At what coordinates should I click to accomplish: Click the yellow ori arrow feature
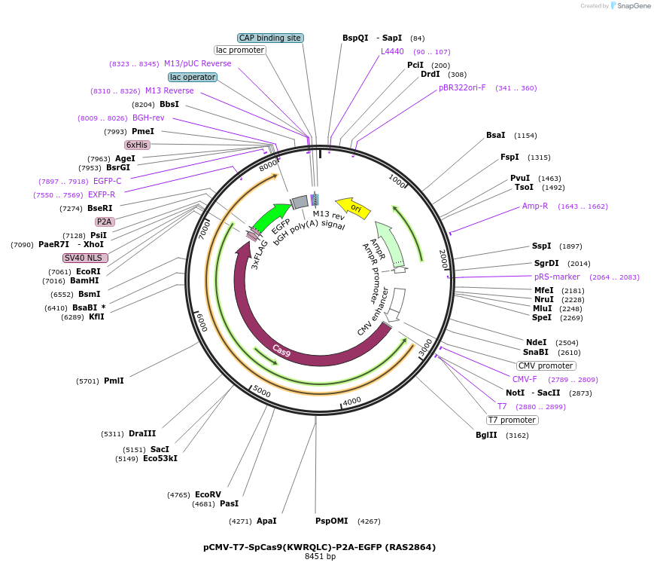pos(353,207)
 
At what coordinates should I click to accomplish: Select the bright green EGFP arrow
pos(271,217)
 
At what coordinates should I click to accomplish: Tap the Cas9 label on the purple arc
pos(281,350)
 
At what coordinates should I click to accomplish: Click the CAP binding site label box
pos(270,38)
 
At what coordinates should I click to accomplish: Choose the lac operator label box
pos(193,77)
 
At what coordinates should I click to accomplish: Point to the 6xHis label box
pos(137,145)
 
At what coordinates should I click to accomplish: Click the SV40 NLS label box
pos(85,258)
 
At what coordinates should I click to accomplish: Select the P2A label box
pos(104,222)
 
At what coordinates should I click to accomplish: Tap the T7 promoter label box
pos(512,420)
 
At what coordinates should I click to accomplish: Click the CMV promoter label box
pos(546,365)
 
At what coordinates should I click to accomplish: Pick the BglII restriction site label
pos(486,435)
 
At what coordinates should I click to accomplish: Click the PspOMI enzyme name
pos(332,521)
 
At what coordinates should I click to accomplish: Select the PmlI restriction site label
pos(114,381)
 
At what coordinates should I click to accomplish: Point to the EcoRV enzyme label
pos(208,494)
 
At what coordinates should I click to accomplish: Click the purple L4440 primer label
pos(392,51)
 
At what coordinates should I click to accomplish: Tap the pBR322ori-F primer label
pos(462,87)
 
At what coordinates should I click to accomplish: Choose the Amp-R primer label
pos(535,206)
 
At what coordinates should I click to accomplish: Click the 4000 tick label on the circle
pos(351,400)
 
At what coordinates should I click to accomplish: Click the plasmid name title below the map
pos(319,547)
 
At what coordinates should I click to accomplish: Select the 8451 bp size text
pos(320,557)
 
